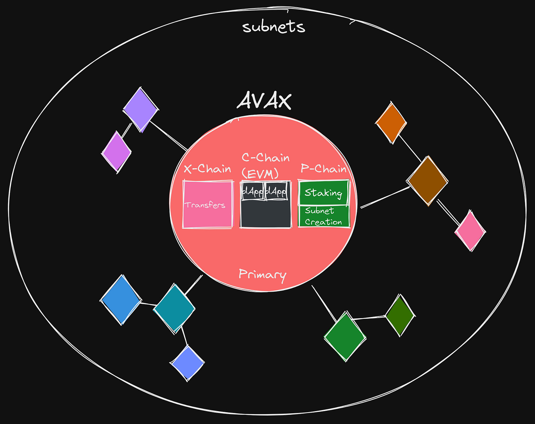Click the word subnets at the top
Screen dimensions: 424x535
click(x=274, y=27)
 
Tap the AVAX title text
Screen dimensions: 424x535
click(x=264, y=100)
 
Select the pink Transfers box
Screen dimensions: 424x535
click(x=208, y=204)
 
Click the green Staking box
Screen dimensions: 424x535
click(x=323, y=192)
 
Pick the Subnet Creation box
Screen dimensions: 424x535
click(x=323, y=217)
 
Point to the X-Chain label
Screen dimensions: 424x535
click(x=207, y=169)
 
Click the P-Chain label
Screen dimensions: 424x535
click(x=323, y=169)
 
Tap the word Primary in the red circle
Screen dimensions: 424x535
click(x=262, y=275)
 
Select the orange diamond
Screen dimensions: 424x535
click(x=391, y=123)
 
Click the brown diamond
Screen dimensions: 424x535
click(x=427, y=181)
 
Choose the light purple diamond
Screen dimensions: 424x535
click(x=140, y=109)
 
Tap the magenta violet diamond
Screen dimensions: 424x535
click(x=116, y=152)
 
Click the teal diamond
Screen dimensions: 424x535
click(x=174, y=308)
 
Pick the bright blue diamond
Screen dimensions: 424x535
click(x=121, y=300)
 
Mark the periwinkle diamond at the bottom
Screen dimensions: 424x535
click(x=187, y=363)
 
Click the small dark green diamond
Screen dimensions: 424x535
click(x=400, y=315)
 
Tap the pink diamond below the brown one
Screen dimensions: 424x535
click(x=470, y=231)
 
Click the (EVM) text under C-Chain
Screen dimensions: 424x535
click(x=260, y=173)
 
